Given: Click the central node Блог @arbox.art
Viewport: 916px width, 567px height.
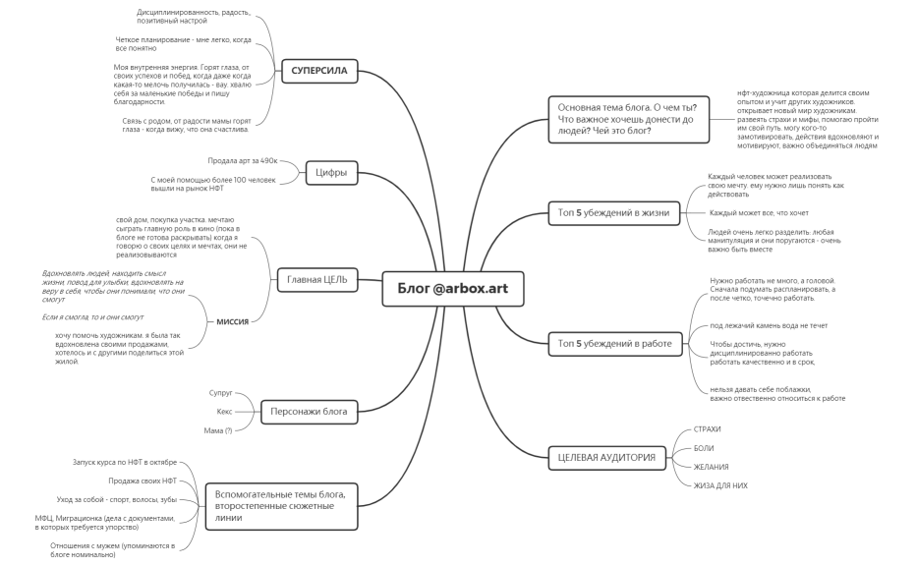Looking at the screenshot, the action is [453, 289].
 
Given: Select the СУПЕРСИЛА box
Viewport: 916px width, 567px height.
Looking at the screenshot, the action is [319, 71].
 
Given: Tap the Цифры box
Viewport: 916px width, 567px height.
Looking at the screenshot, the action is [331, 172].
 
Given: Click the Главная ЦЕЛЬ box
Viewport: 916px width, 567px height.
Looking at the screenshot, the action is [317, 280].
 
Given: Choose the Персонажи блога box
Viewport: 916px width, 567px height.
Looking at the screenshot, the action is [309, 412].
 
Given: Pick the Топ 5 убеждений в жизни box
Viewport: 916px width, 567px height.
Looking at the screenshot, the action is [614, 212].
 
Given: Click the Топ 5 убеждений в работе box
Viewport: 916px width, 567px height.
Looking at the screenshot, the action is [615, 343].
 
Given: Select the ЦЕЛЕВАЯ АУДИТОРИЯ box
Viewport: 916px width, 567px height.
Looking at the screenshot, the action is [607, 457].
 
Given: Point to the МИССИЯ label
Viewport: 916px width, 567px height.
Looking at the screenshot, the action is [233, 321].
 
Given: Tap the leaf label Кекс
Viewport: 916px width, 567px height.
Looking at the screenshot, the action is [224, 412].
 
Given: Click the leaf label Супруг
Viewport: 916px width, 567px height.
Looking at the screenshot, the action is [221, 393].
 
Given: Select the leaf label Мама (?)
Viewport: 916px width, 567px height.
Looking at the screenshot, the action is [218, 431].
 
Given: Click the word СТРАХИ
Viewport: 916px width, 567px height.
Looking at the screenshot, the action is [707, 429].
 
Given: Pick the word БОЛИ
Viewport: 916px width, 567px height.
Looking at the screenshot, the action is [704, 448].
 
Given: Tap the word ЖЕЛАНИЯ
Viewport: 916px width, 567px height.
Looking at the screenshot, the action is [711, 467].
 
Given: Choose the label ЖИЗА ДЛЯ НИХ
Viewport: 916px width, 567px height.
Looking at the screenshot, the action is [720, 485].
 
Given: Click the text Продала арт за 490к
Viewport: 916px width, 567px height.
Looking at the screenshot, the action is [243, 160].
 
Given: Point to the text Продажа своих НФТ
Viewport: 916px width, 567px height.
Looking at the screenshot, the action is [143, 482].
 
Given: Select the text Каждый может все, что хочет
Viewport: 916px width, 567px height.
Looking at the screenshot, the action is [759, 213].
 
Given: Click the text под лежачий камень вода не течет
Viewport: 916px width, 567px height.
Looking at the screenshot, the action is [769, 326].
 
